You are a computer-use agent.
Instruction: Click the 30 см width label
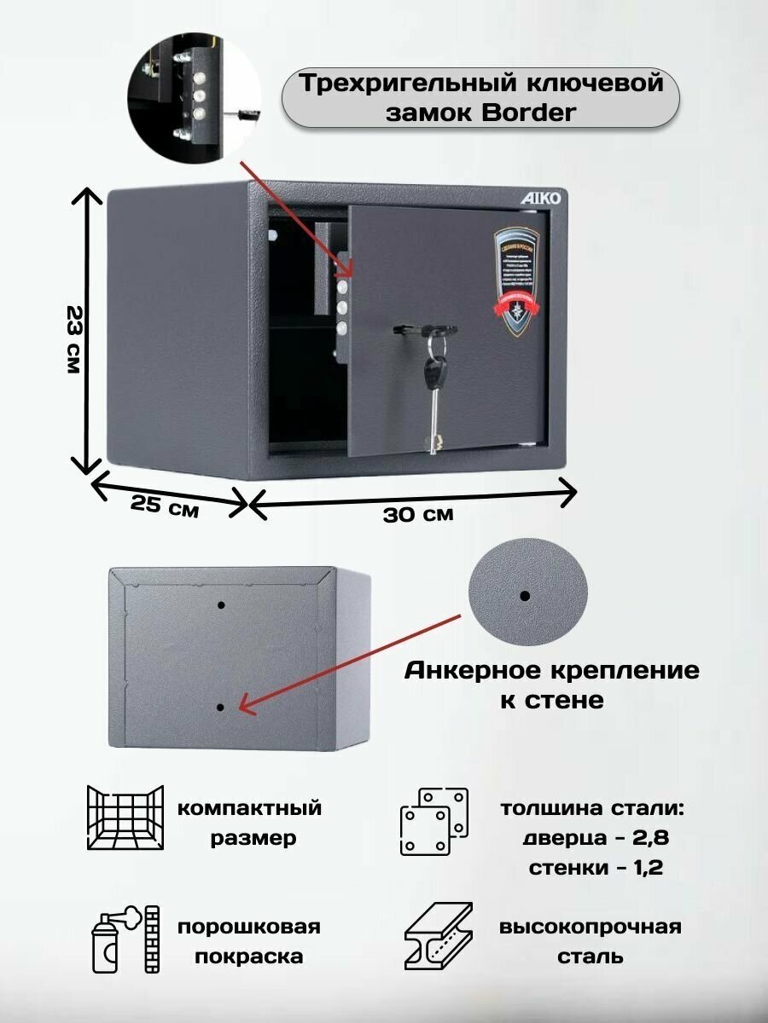(418, 514)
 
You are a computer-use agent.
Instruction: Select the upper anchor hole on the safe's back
(221, 604)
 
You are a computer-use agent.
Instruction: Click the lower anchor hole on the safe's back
(221, 707)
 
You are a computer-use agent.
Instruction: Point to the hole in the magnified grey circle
(524, 595)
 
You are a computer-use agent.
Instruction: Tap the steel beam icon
(435, 940)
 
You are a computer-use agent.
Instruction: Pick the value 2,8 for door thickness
(649, 838)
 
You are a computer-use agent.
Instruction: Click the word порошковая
(249, 927)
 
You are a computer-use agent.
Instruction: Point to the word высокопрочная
(591, 927)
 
